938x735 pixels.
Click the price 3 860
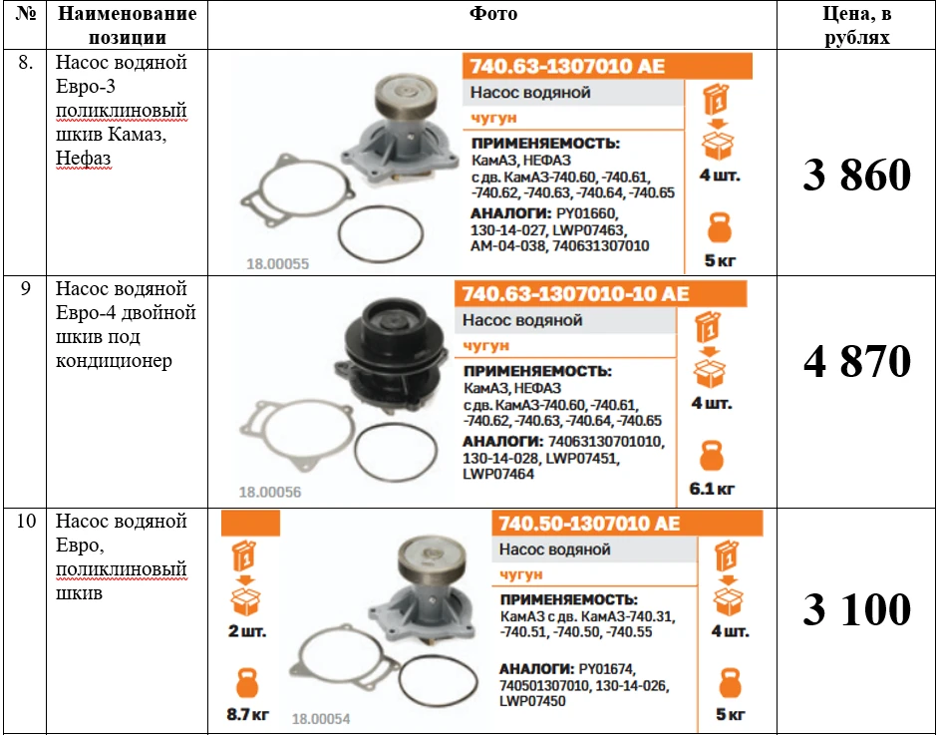856,175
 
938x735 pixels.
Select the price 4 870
857,361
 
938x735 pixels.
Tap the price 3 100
856,609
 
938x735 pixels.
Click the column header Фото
493,13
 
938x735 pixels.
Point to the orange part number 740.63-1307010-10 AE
575,294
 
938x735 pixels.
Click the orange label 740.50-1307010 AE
589,524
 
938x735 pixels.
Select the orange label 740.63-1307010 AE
567,66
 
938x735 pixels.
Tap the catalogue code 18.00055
277,264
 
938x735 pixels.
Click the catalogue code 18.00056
270,492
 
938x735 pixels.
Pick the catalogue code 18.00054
321,718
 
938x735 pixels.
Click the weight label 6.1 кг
712,489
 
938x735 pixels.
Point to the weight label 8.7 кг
247,714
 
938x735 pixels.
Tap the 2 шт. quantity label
247,631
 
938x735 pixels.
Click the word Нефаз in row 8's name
83,159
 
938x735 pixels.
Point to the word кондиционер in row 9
114,361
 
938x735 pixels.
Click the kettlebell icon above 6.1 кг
712,456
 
